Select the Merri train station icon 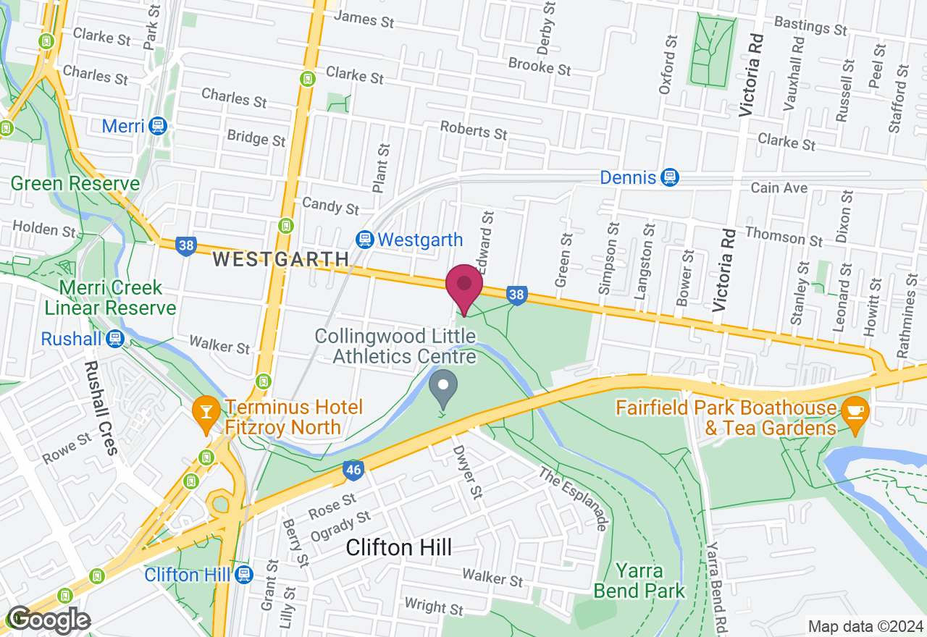tap(157, 127)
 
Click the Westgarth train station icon tap(364, 240)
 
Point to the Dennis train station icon tap(670, 177)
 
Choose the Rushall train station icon tap(114, 339)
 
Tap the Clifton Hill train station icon tap(244, 575)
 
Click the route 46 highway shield tap(353, 471)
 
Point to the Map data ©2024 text tap(865, 627)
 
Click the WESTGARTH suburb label tap(281, 259)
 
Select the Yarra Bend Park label tap(639, 581)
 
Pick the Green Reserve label tap(75, 183)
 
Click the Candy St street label tap(330, 206)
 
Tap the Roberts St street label tap(474, 130)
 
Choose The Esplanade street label tap(572, 498)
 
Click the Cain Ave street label tap(779, 188)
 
